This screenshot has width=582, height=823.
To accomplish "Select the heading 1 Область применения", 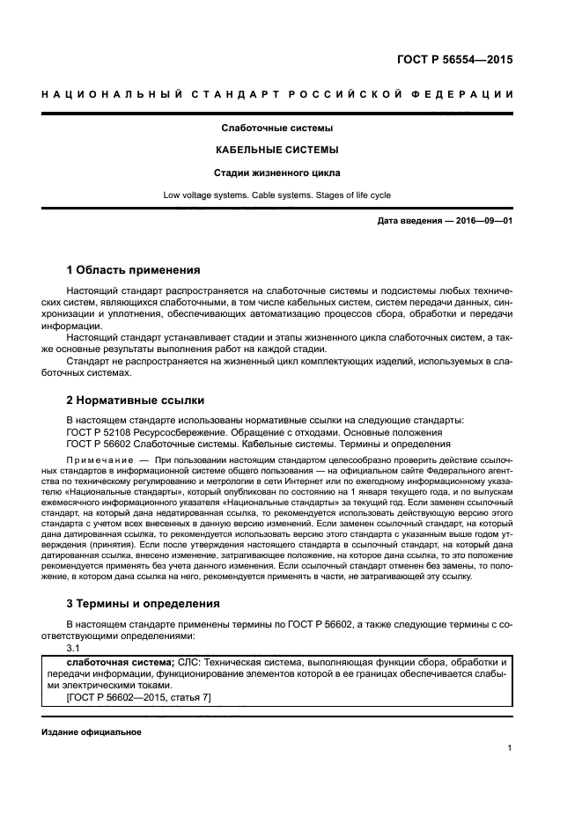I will tap(134, 269).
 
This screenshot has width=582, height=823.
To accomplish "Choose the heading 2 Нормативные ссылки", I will tap(136, 400).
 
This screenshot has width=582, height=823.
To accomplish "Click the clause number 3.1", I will tap(74, 648).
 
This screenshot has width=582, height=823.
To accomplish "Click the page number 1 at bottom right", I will tap(510, 748).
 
